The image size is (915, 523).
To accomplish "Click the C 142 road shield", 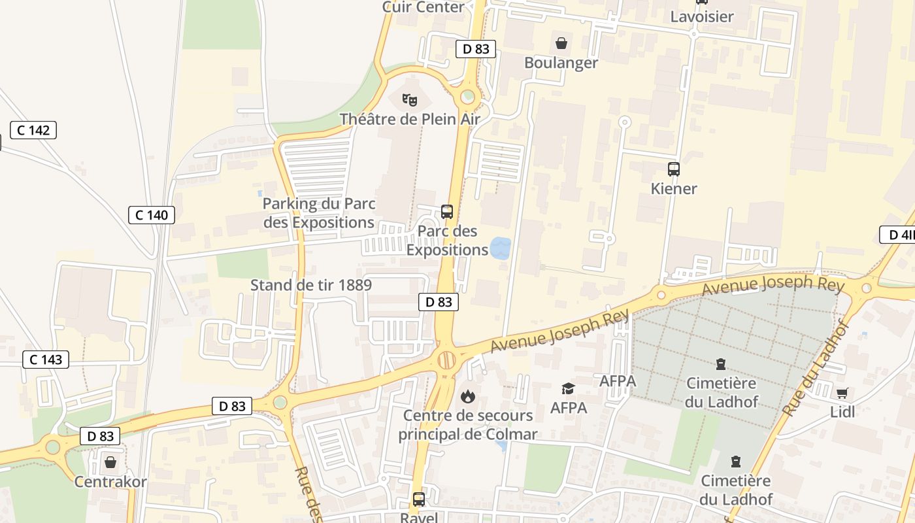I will pyautogui.click(x=33, y=130).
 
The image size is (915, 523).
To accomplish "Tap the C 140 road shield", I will pyautogui.click(x=152, y=214).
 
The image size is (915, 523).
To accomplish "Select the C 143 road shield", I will pyautogui.click(x=46, y=359).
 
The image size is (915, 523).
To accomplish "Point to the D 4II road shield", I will pyautogui.click(x=898, y=235).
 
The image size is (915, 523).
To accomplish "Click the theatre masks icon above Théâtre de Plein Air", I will pyautogui.click(x=410, y=100).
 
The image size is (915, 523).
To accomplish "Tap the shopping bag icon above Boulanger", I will pyautogui.click(x=561, y=44).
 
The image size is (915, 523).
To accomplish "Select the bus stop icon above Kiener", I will pyautogui.click(x=674, y=169).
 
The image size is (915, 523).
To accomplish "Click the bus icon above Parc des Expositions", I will pyautogui.click(x=447, y=212).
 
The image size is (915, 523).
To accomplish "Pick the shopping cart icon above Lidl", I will pyautogui.click(x=842, y=393).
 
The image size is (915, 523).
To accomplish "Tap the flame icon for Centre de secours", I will pyautogui.click(x=467, y=396).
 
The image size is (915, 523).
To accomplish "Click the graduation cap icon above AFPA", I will pyautogui.click(x=568, y=388).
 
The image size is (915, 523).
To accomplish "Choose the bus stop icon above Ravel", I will pyautogui.click(x=419, y=499).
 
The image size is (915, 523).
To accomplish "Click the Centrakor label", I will pyautogui.click(x=110, y=482).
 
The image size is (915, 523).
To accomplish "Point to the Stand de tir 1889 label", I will pyautogui.click(x=311, y=285).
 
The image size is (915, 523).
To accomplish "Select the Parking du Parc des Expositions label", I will pyautogui.click(x=319, y=213).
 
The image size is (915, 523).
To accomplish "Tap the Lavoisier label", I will pyautogui.click(x=702, y=16).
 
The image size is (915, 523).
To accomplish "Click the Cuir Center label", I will pyautogui.click(x=423, y=7).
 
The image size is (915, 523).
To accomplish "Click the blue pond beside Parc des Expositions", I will pyautogui.click(x=500, y=247).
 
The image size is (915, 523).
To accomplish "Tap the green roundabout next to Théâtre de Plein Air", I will pyautogui.click(x=467, y=97).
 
